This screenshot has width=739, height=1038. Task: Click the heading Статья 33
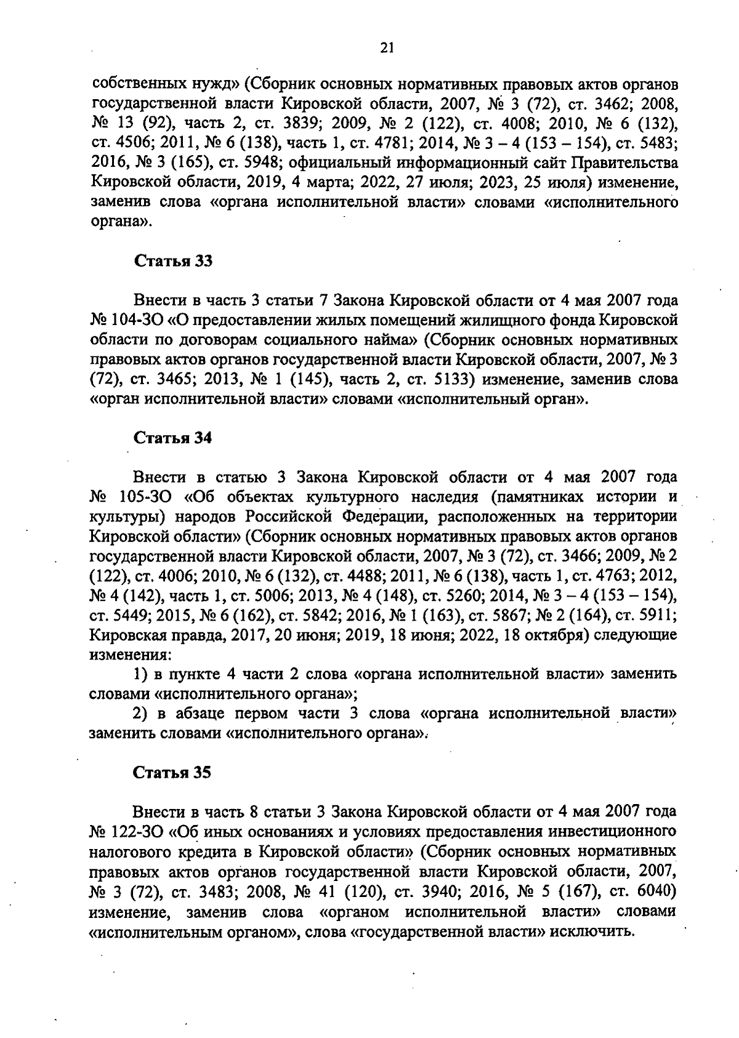[173, 261]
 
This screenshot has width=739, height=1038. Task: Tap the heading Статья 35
[173, 773]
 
